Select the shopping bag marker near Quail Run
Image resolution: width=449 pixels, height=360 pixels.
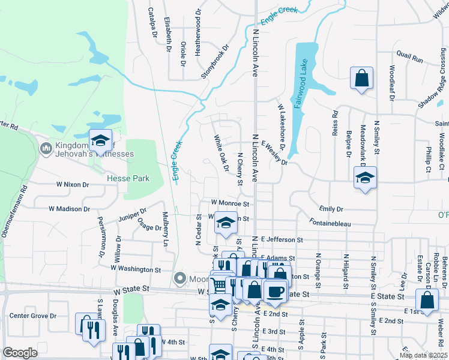point(362,79)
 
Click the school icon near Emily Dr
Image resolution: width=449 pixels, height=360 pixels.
point(364,178)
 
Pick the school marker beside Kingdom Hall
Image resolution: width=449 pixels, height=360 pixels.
point(100,140)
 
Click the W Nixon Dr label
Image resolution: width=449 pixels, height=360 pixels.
point(80,185)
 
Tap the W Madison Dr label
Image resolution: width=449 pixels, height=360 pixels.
point(69,209)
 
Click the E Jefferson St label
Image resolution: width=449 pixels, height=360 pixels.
point(282,240)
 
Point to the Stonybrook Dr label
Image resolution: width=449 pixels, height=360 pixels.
point(216,61)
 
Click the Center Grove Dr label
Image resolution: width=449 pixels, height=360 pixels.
point(32,316)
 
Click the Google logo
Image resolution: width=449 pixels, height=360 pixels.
point(20,353)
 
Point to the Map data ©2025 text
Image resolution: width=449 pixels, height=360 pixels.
point(423,355)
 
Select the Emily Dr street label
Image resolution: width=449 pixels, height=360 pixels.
point(331,209)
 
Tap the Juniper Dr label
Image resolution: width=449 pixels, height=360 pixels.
point(133,214)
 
